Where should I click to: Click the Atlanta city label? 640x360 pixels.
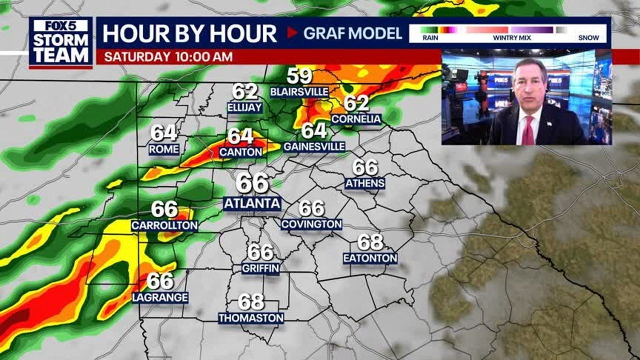point(252,203)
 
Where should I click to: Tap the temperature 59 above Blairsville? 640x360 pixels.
point(299,76)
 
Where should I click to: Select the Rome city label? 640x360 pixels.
point(164,149)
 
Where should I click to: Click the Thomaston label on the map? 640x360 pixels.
point(251,318)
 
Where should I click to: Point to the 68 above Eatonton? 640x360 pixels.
point(370,242)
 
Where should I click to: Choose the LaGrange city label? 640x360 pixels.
point(160,297)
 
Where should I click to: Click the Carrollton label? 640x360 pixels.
point(164,225)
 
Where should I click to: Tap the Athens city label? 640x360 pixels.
point(365,183)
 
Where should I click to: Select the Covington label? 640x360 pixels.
point(311,224)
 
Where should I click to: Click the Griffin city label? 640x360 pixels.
point(260,268)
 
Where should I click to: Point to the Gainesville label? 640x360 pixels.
point(314,146)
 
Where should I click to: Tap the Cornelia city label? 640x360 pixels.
point(356,119)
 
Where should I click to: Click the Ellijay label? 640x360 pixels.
point(244,107)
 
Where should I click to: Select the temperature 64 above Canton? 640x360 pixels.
point(240,136)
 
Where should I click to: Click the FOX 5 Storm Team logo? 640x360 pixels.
point(60,42)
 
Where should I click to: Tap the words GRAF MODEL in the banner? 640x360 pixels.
point(352,33)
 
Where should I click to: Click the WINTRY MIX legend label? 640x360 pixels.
point(508,37)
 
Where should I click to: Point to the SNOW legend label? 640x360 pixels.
point(588,37)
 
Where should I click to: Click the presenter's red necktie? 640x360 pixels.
point(528,130)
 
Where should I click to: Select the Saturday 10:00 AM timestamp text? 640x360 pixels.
point(168,56)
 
